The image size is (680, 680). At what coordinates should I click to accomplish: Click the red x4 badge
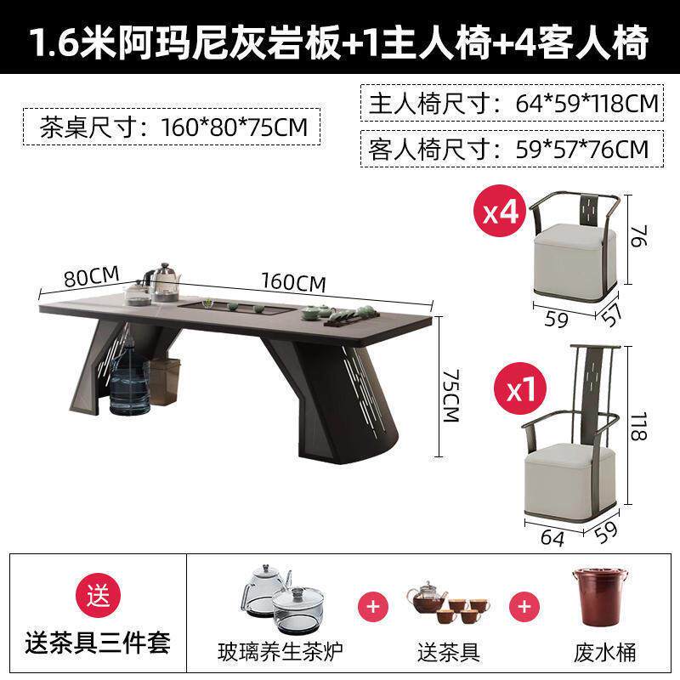pos(501,211)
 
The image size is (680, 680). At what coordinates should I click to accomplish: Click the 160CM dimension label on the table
pos(293,282)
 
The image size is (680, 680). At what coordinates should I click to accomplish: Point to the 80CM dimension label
pos(92,277)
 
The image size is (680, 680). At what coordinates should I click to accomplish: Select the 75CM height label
pos(451,395)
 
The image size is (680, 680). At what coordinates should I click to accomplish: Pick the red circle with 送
pos(99,596)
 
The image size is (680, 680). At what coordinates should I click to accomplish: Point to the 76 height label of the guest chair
pos(640,236)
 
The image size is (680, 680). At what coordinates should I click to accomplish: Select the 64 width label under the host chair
pos(552,538)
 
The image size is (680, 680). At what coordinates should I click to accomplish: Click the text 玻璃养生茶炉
pos(280,652)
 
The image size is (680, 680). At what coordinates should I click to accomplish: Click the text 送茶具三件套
pos(98,643)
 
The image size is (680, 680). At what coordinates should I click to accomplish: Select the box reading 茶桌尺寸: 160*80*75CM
pos(172,127)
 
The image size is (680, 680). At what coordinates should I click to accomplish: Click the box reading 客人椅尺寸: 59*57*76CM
pos(513,149)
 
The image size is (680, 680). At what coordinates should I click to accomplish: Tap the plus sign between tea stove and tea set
pos(373,606)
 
